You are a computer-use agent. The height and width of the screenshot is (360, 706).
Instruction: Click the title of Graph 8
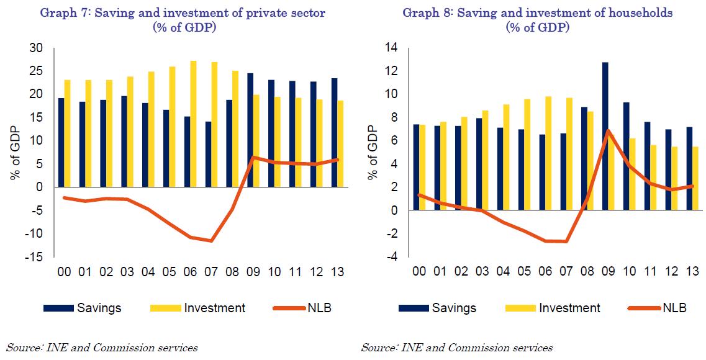(x=537, y=19)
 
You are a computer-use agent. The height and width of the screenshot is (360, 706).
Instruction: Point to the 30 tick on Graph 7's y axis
(x=36, y=48)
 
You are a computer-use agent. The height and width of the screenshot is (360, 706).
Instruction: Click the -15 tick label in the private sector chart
(x=34, y=257)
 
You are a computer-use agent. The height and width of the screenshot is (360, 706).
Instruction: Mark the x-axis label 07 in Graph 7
(x=211, y=272)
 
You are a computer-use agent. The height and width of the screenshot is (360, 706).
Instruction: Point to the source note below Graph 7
(x=102, y=348)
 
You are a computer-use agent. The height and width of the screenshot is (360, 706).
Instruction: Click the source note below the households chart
(x=456, y=348)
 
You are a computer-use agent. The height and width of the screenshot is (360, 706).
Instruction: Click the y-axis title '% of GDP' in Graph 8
(x=373, y=152)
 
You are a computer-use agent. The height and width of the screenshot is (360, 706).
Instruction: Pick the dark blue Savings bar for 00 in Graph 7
(x=61, y=143)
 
